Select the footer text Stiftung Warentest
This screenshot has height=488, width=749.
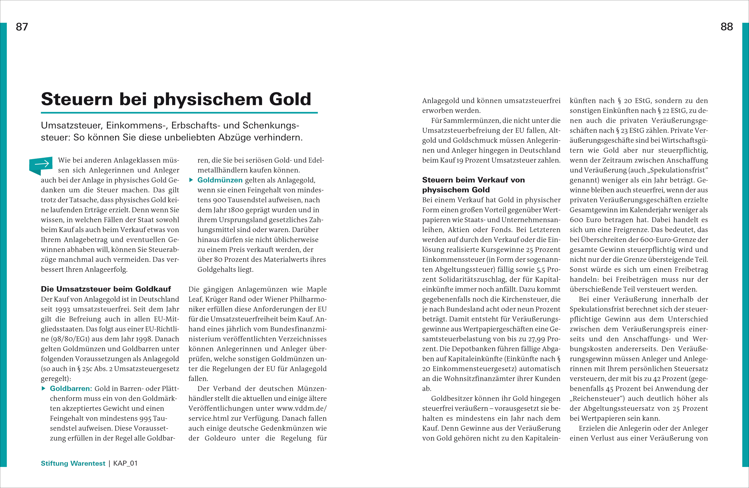[x=73, y=463]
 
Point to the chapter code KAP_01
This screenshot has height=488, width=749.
[x=125, y=463]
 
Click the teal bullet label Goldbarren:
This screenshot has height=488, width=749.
[x=71, y=389]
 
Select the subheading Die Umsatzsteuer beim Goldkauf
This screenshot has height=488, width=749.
[x=106, y=289]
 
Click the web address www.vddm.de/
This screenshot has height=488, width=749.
[x=301, y=408]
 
